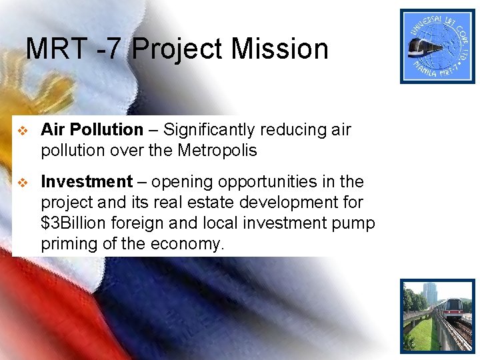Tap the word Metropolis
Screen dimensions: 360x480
[217, 151]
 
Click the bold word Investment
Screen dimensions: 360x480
[87, 182]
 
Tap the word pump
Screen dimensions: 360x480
[355, 223]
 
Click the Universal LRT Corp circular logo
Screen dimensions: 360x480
[437, 46]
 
